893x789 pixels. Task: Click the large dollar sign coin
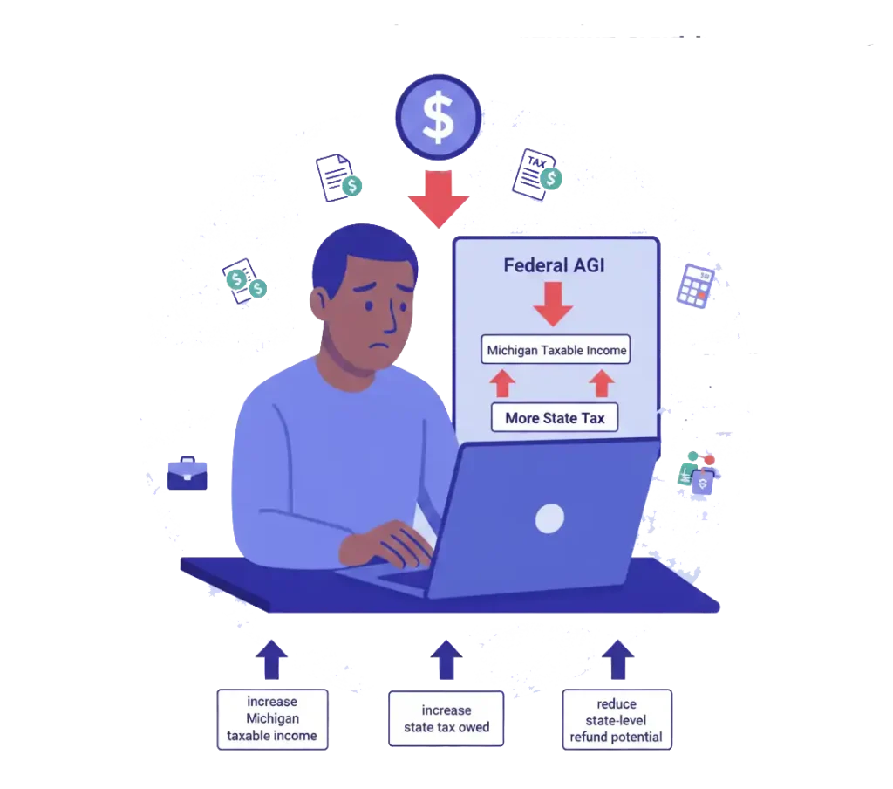(437, 119)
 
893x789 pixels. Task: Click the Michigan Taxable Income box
(556, 351)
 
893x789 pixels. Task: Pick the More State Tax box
(555, 418)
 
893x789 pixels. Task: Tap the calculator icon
(695, 286)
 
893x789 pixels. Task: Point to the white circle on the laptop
(549, 518)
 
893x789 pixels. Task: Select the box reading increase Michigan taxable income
(272, 719)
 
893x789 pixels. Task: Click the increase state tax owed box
(446, 719)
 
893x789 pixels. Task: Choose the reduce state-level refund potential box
(617, 719)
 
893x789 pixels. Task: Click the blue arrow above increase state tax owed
(446, 661)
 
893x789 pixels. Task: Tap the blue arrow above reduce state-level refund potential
(618, 661)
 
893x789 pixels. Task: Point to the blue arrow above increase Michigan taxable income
(272, 661)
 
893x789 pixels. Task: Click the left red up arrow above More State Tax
(501, 383)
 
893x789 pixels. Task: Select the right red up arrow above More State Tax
(602, 383)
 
